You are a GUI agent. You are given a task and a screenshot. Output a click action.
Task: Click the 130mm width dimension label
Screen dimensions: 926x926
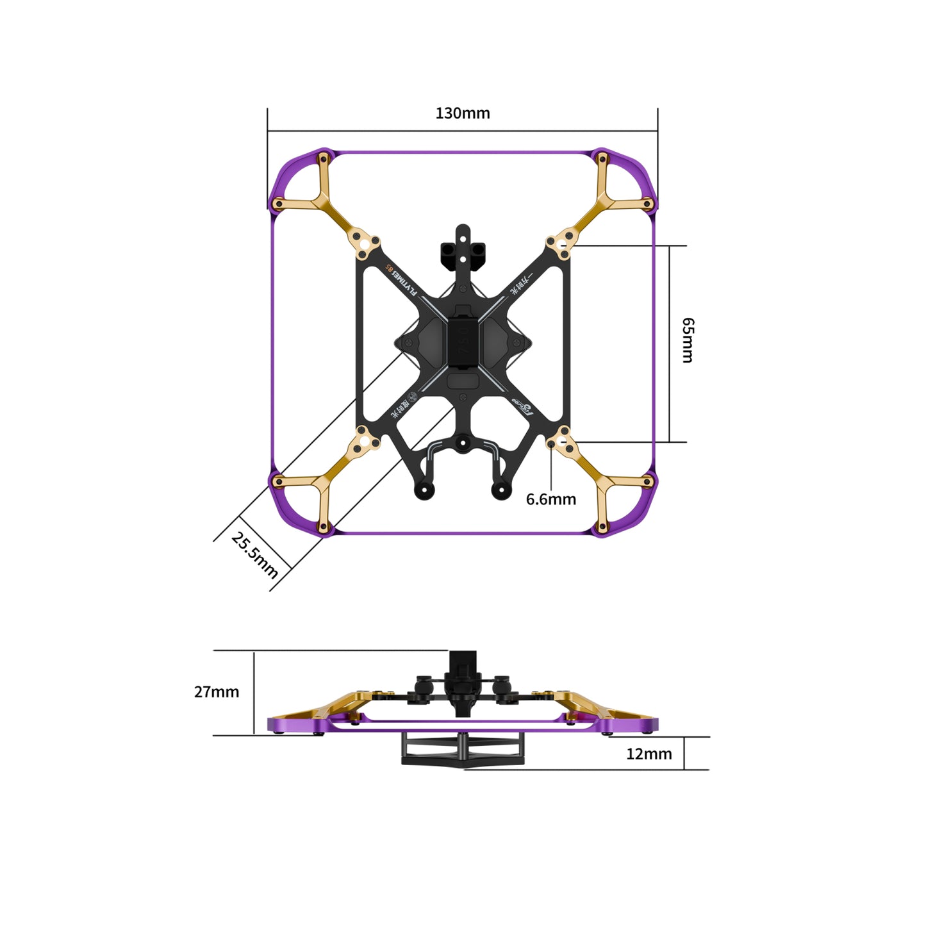point(462,113)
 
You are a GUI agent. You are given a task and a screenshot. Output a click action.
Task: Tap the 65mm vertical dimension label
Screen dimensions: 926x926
point(687,340)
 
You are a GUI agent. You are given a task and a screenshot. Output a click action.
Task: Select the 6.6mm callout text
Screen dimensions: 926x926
point(550,499)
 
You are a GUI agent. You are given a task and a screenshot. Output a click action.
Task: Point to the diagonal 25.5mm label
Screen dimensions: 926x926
point(254,555)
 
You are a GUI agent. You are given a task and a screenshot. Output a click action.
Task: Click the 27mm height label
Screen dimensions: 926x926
point(217,692)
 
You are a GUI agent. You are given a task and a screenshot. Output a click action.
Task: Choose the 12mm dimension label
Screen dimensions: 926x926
point(649,754)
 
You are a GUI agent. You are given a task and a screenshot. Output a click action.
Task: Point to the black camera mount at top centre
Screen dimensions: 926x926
point(462,250)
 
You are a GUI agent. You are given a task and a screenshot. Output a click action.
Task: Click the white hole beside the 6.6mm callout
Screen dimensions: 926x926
point(562,442)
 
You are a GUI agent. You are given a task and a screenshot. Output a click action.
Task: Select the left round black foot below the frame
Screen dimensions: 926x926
point(424,491)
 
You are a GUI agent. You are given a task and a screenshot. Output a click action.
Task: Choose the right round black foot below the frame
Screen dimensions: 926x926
point(500,491)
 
